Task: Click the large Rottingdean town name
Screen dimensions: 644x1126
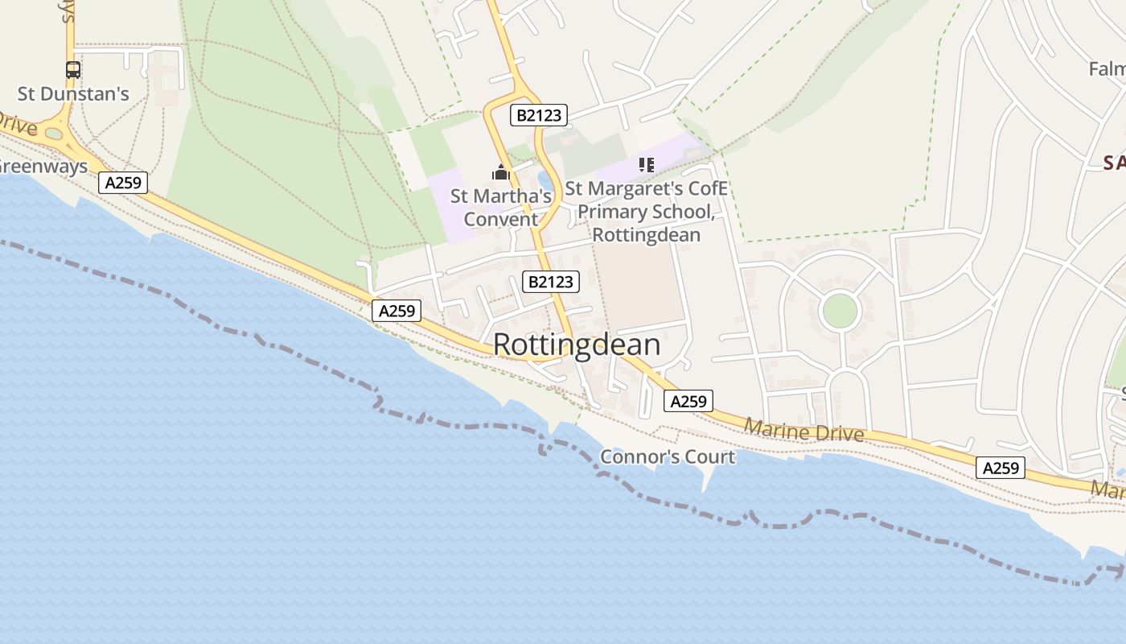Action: pos(576,345)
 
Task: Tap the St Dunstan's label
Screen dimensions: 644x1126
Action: pos(73,94)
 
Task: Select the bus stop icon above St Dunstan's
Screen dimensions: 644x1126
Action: pos(73,70)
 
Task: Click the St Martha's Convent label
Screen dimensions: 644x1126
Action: pos(501,208)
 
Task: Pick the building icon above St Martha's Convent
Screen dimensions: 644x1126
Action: pos(501,172)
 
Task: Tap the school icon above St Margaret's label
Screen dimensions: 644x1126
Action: pos(646,165)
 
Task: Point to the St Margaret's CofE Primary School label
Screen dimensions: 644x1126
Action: pos(646,212)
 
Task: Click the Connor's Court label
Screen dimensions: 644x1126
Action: pos(668,457)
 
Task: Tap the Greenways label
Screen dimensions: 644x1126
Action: pos(43,167)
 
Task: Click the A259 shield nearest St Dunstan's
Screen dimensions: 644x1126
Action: pos(123,183)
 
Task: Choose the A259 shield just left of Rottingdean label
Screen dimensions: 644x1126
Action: pos(397,311)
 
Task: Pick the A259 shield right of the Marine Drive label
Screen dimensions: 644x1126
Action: pos(1001,468)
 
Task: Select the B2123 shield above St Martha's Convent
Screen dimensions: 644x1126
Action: pos(538,116)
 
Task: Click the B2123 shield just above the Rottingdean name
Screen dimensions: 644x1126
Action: pos(551,282)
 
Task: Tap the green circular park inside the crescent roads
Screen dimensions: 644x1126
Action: pos(840,311)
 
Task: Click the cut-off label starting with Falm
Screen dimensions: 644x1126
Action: pos(1107,69)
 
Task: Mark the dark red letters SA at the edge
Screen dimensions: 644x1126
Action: pos(1114,163)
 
